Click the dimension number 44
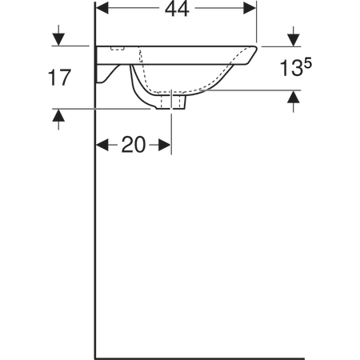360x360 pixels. (177, 10)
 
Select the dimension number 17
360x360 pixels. (59, 78)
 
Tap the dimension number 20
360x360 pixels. (134, 145)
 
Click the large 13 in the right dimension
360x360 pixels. (290, 68)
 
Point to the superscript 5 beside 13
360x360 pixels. (307, 64)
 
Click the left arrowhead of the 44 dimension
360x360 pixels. (102, 8)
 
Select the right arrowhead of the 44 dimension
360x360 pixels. (250, 8)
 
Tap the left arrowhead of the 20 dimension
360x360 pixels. (102, 145)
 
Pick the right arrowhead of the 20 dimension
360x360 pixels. (164, 145)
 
